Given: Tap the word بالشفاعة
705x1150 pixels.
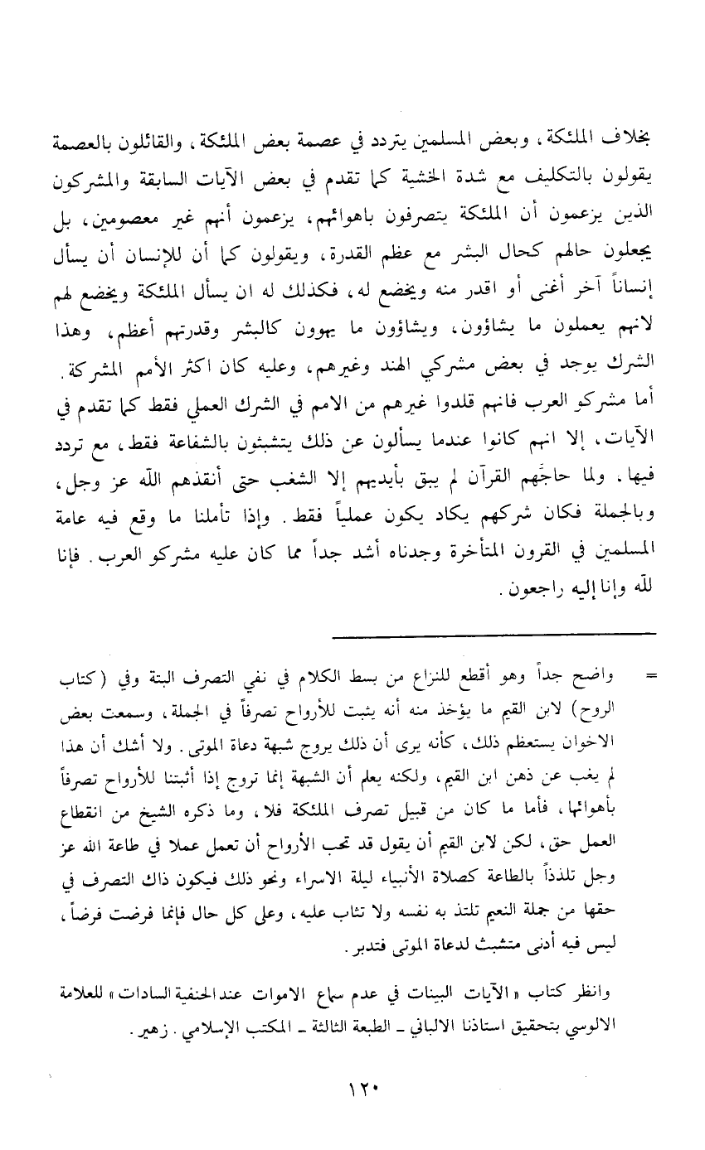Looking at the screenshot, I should (181, 442).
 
